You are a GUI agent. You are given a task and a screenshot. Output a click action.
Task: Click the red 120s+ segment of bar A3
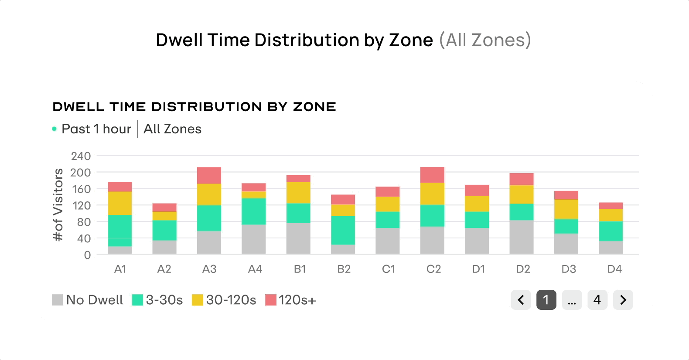(x=209, y=175)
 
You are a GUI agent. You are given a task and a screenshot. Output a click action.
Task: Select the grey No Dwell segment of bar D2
(x=521, y=237)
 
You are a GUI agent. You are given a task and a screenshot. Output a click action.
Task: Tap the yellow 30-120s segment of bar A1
(x=119, y=203)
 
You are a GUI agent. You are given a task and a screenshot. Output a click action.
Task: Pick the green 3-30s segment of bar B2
(x=343, y=230)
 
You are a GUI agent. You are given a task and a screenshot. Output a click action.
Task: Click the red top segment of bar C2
(x=432, y=174)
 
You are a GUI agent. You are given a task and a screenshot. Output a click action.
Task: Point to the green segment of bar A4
(x=253, y=211)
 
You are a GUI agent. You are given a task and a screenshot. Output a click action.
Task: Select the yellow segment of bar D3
(x=566, y=209)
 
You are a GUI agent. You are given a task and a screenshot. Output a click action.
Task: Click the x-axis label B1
(x=300, y=269)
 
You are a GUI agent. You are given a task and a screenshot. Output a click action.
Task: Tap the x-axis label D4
(x=614, y=269)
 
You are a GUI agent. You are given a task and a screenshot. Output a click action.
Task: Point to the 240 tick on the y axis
(x=81, y=156)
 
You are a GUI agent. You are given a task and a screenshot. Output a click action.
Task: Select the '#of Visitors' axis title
(x=58, y=204)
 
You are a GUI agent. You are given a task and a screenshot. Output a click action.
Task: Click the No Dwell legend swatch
(x=58, y=300)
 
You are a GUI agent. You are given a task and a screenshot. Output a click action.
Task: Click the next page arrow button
(x=623, y=300)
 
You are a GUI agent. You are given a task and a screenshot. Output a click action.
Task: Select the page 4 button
(x=597, y=300)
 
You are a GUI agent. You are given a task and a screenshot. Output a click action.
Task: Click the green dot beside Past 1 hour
(x=54, y=129)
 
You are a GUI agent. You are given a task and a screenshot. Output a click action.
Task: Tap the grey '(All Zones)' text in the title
(x=484, y=40)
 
